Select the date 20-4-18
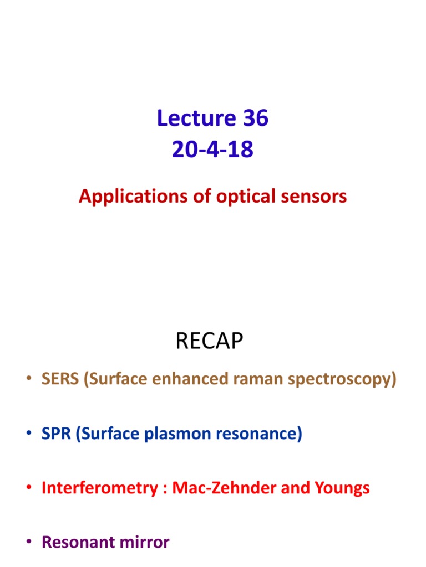point(213,150)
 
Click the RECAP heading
point(209,342)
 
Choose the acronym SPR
point(57,435)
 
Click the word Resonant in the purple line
point(78,542)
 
